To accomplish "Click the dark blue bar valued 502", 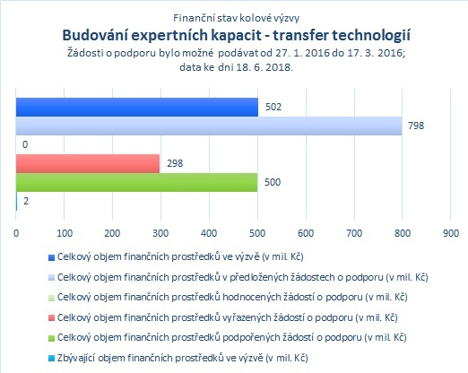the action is (137, 107).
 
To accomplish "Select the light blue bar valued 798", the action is (209, 126).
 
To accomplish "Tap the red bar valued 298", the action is (88, 163).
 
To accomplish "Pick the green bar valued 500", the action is (136, 182).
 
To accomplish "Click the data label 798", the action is (416, 126).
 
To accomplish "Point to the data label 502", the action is (273, 107).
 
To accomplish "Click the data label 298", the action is (175, 163).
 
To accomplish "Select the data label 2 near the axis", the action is (26, 201).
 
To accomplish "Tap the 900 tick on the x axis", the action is (451, 233).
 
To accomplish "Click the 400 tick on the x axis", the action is (209, 233).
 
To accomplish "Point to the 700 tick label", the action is (354, 233).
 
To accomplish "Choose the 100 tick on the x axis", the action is (65, 233).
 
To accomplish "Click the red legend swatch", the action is (51, 318).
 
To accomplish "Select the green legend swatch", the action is (51, 338).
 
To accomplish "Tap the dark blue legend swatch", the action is (51, 257).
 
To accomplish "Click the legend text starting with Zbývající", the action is (182, 358).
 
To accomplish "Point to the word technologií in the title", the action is (371, 36).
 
